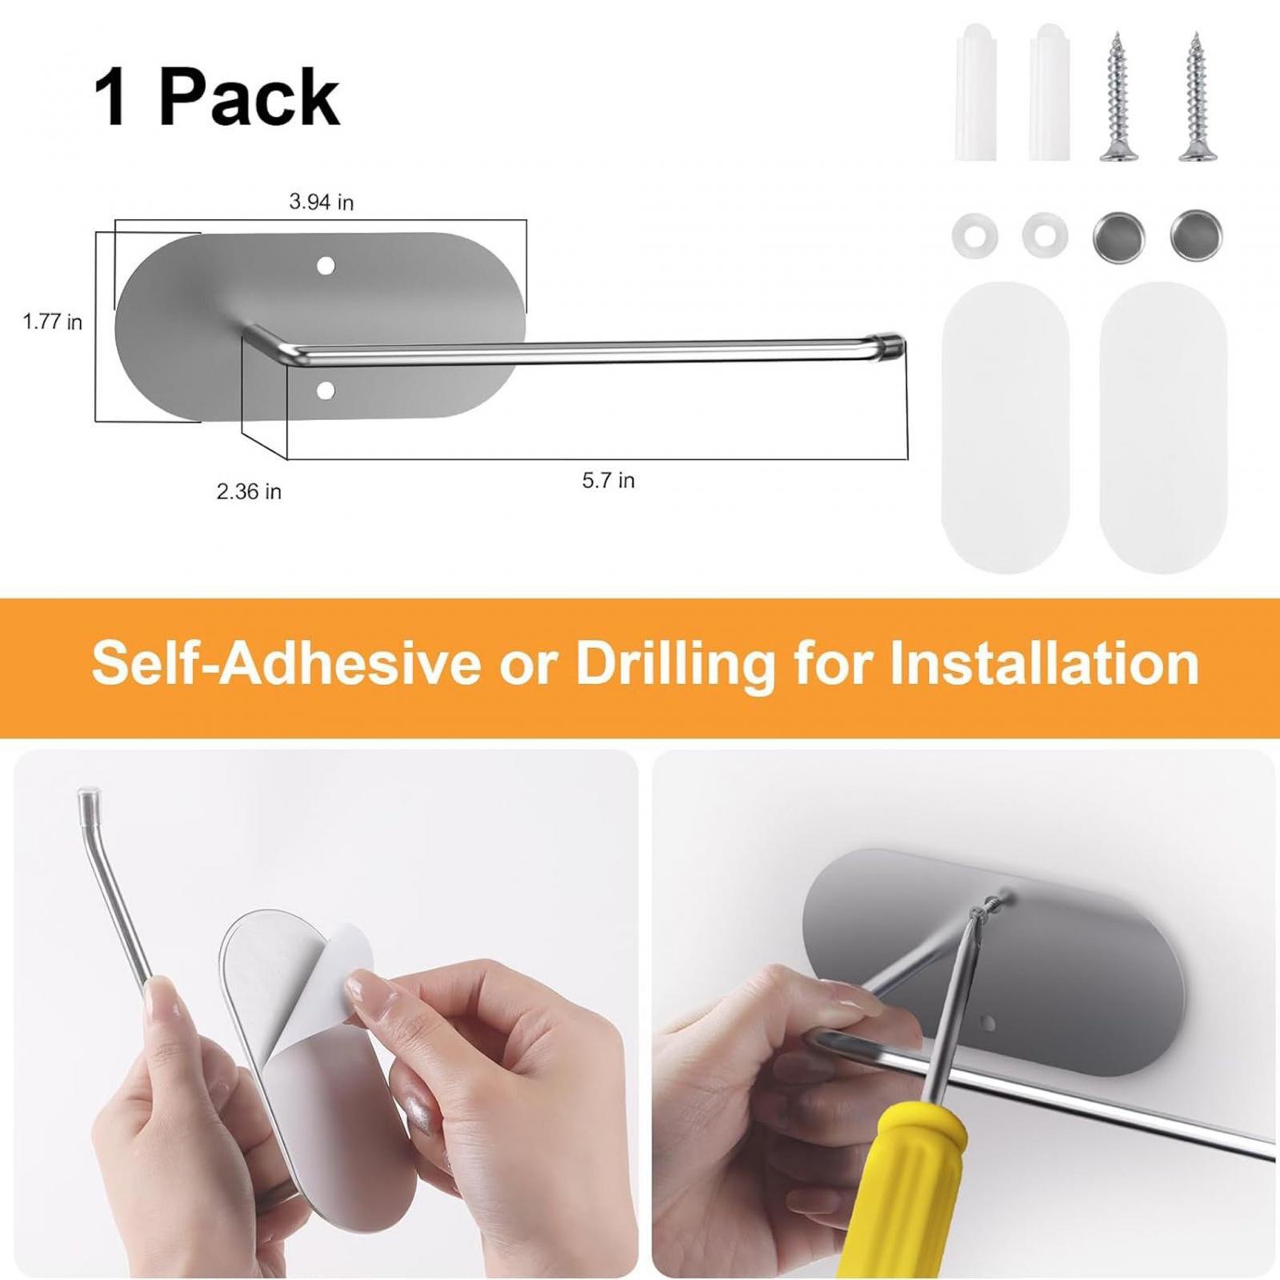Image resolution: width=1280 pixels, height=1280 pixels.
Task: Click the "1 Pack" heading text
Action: click(x=217, y=98)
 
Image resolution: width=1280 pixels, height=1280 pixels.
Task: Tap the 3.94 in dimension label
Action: click(x=321, y=202)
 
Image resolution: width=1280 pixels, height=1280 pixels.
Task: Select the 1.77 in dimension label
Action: click(x=52, y=322)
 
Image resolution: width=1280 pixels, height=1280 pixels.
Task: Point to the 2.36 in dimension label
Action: click(x=249, y=491)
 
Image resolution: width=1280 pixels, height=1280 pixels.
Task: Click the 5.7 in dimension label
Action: click(x=608, y=480)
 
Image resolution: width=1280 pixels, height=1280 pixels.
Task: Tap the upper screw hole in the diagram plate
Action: click(x=326, y=264)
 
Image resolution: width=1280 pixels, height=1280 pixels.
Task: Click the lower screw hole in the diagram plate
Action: click(x=326, y=390)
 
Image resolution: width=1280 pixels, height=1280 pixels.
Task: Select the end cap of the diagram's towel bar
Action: click(x=890, y=342)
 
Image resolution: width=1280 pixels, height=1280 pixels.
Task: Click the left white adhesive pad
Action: click(x=1005, y=426)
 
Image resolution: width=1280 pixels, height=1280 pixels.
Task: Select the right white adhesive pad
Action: click(x=1162, y=426)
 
